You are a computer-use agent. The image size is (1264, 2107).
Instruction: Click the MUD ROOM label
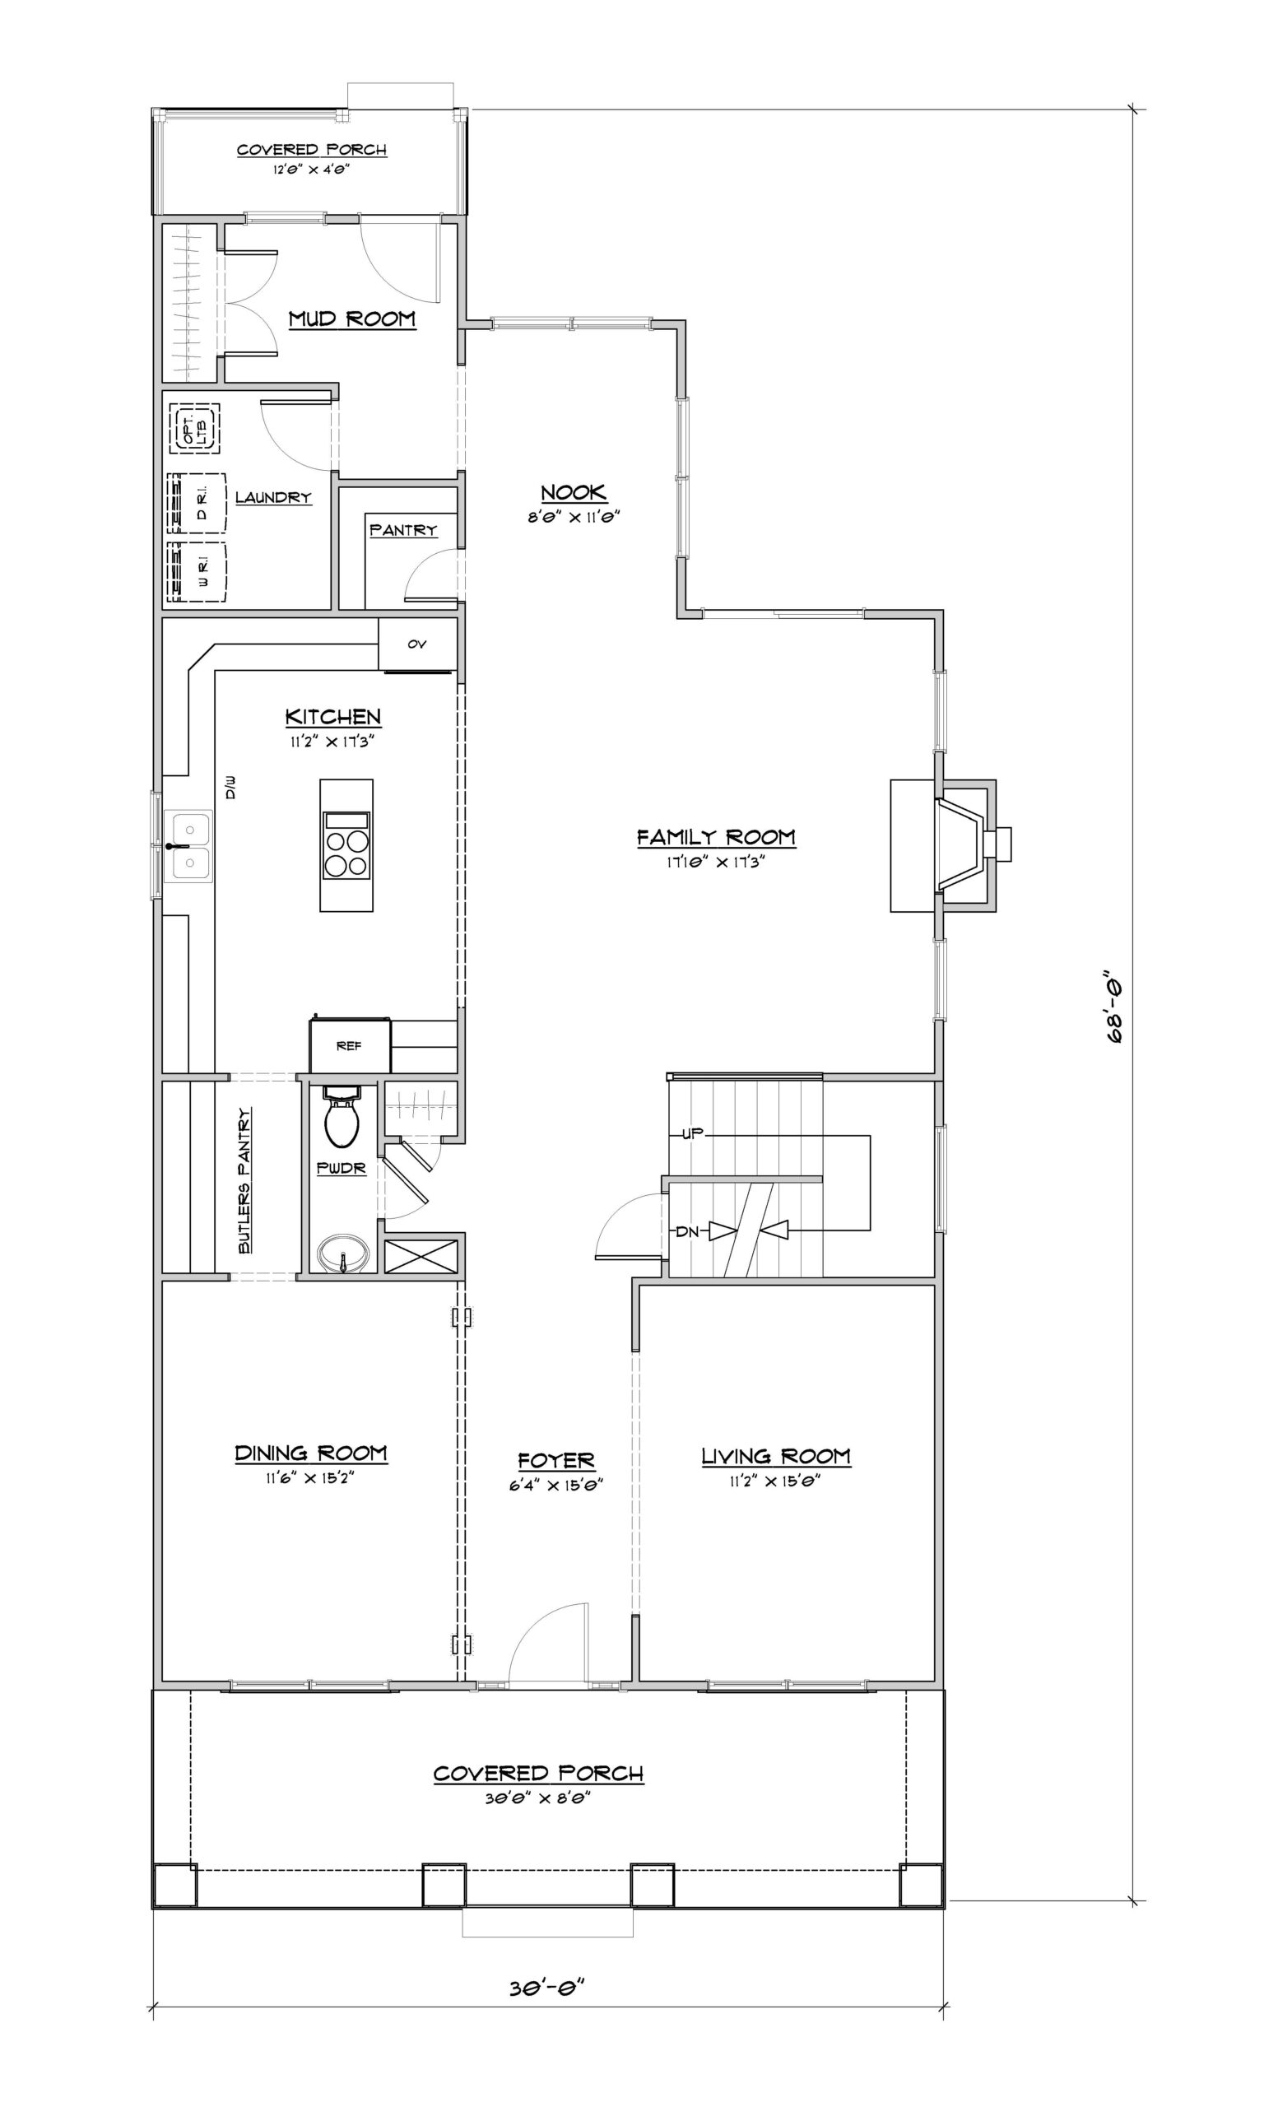tap(351, 319)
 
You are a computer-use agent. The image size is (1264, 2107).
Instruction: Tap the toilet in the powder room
tap(342, 1116)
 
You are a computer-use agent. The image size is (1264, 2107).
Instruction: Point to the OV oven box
tap(417, 644)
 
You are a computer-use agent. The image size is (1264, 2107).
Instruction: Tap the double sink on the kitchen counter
tap(191, 847)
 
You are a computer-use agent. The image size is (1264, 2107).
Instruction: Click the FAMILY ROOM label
tap(716, 837)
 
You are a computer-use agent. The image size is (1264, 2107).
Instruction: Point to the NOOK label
tap(574, 492)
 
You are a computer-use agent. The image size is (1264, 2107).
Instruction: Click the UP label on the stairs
tap(691, 1134)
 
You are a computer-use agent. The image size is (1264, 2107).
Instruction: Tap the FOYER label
tap(556, 1462)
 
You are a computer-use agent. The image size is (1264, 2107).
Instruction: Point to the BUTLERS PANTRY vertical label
tap(244, 1180)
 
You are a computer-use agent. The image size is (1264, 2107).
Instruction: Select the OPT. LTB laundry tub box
tap(192, 428)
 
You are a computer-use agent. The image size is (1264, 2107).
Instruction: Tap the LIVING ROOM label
tap(776, 1457)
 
